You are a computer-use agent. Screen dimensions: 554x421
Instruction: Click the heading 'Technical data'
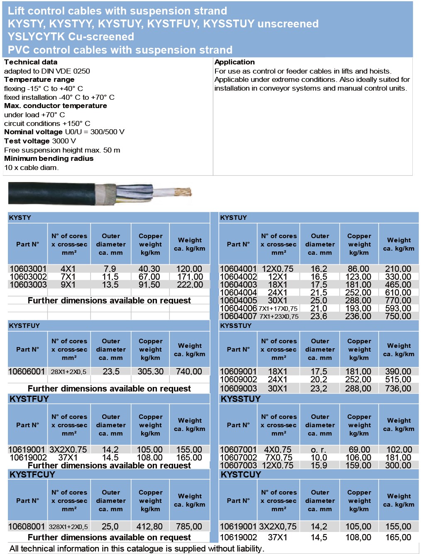click(x=31, y=62)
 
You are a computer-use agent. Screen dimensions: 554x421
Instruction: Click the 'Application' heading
click(x=235, y=62)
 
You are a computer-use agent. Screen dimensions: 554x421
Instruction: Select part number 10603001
click(x=28, y=269)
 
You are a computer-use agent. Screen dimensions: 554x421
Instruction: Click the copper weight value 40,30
click(x=149, y=269)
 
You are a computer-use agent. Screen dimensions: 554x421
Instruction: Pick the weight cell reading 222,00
click(x=189, y=285)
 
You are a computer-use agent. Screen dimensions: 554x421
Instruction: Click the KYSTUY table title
click(x=233, y=217)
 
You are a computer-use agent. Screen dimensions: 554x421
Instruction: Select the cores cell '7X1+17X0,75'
click(x=278, y=308)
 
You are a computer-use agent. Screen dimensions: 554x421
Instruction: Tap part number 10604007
click(x=238, y=316)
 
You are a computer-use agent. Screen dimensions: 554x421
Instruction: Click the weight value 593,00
click(x=398, y=308)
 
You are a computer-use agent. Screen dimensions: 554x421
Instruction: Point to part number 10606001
click(x=27, y=372)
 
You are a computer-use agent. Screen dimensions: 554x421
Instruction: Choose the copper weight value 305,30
click(x=150, y=372)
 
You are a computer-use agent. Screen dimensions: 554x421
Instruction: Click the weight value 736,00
click(x=398, y=389)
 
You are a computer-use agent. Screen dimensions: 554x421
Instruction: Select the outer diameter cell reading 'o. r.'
click(x=319, y=450)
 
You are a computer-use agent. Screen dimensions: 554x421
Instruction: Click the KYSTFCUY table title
click(x=32, y=474)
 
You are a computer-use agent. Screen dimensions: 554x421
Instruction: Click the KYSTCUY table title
click(x=241, y=474)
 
